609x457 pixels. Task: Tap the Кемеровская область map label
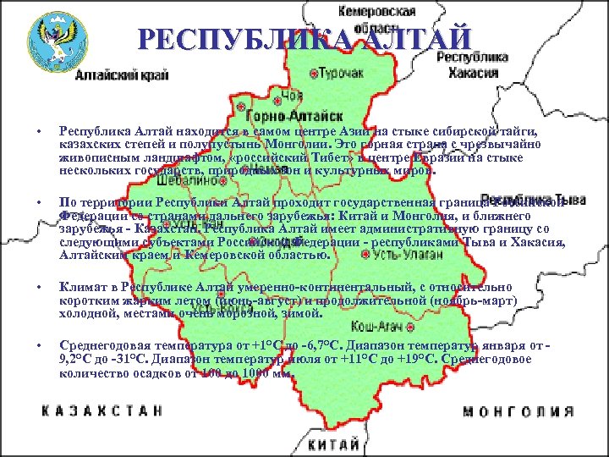click(x=376, y=19)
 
